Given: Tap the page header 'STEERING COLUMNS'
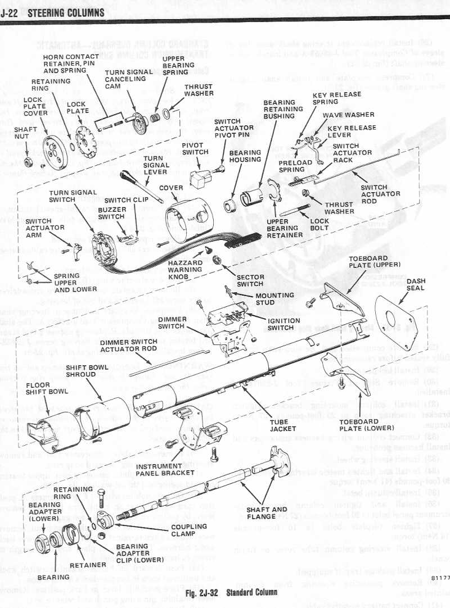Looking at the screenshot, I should pyautogui.click(x=65, y=12).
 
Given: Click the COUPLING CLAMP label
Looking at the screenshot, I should pyautogui.click(x=189, y=530).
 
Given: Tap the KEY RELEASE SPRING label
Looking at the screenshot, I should pyautogui.click(x=328, y=99).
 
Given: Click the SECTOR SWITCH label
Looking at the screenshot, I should pyautogui.click(x=250, y=280).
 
